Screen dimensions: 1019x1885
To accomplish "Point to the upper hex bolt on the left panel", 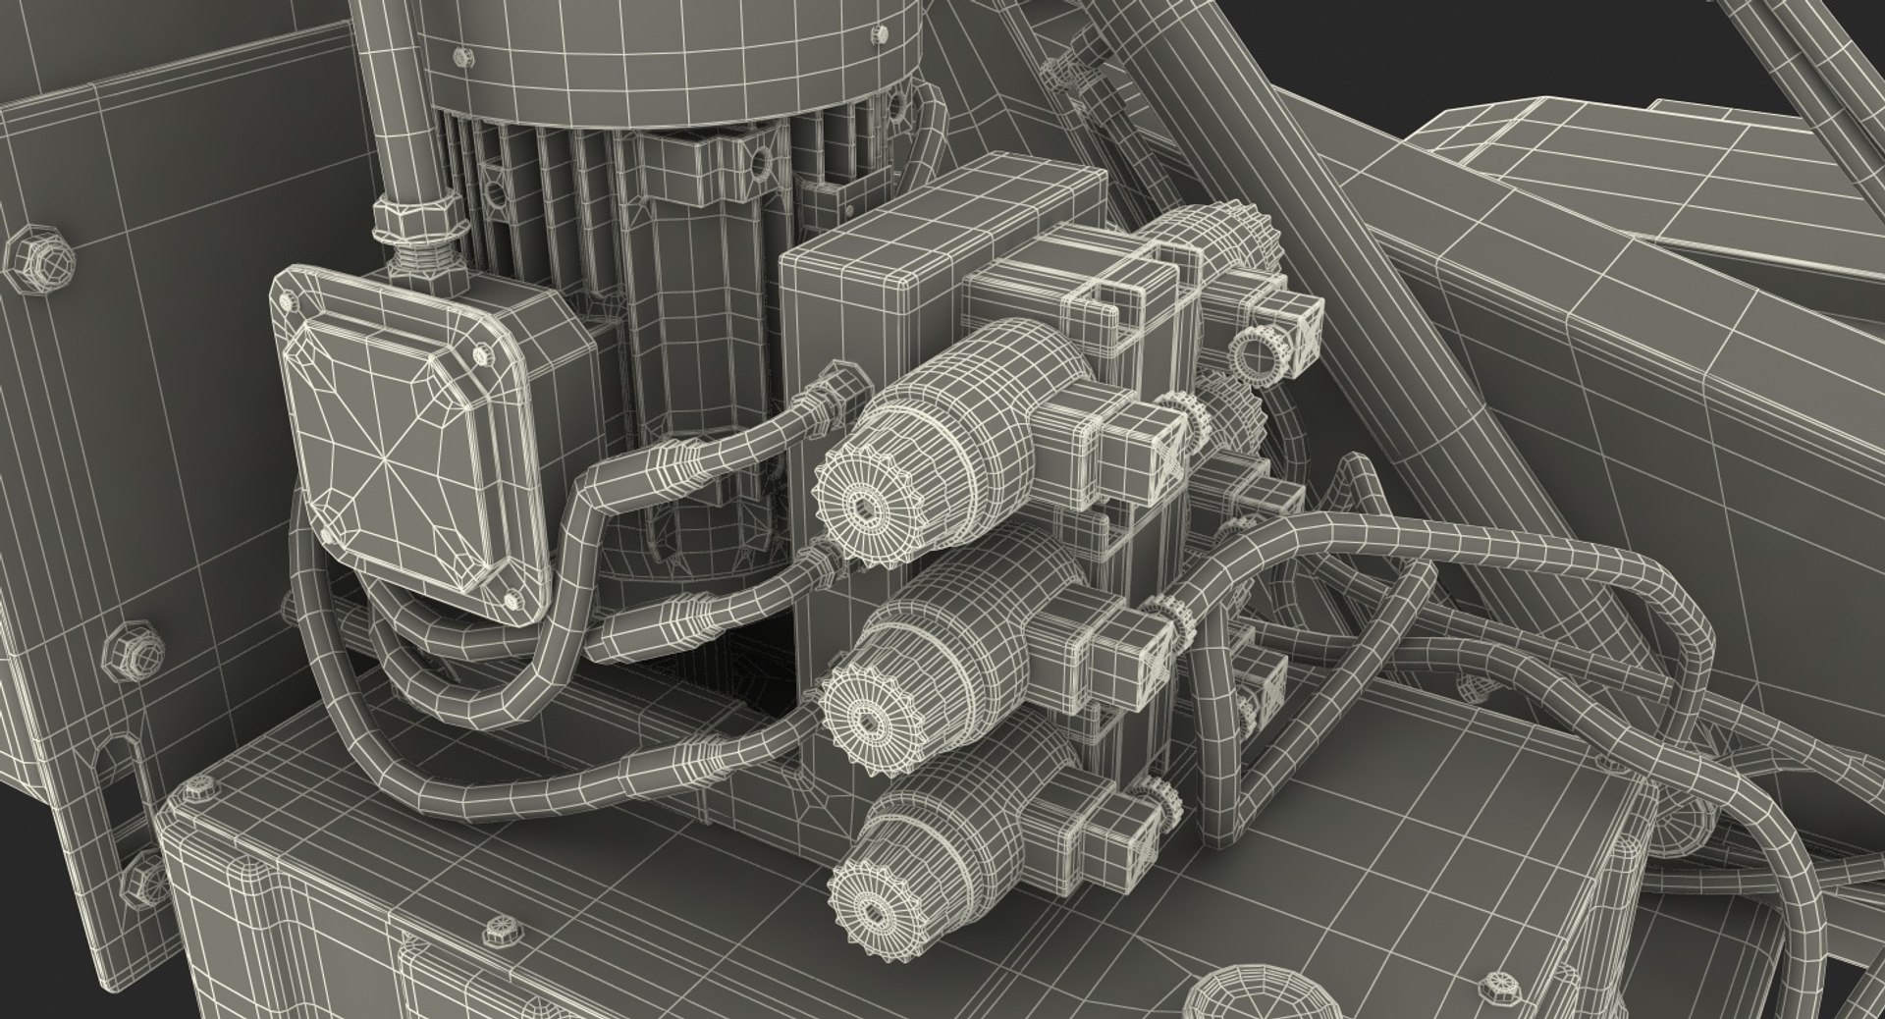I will pyautogui.click(x=39, y=260).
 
